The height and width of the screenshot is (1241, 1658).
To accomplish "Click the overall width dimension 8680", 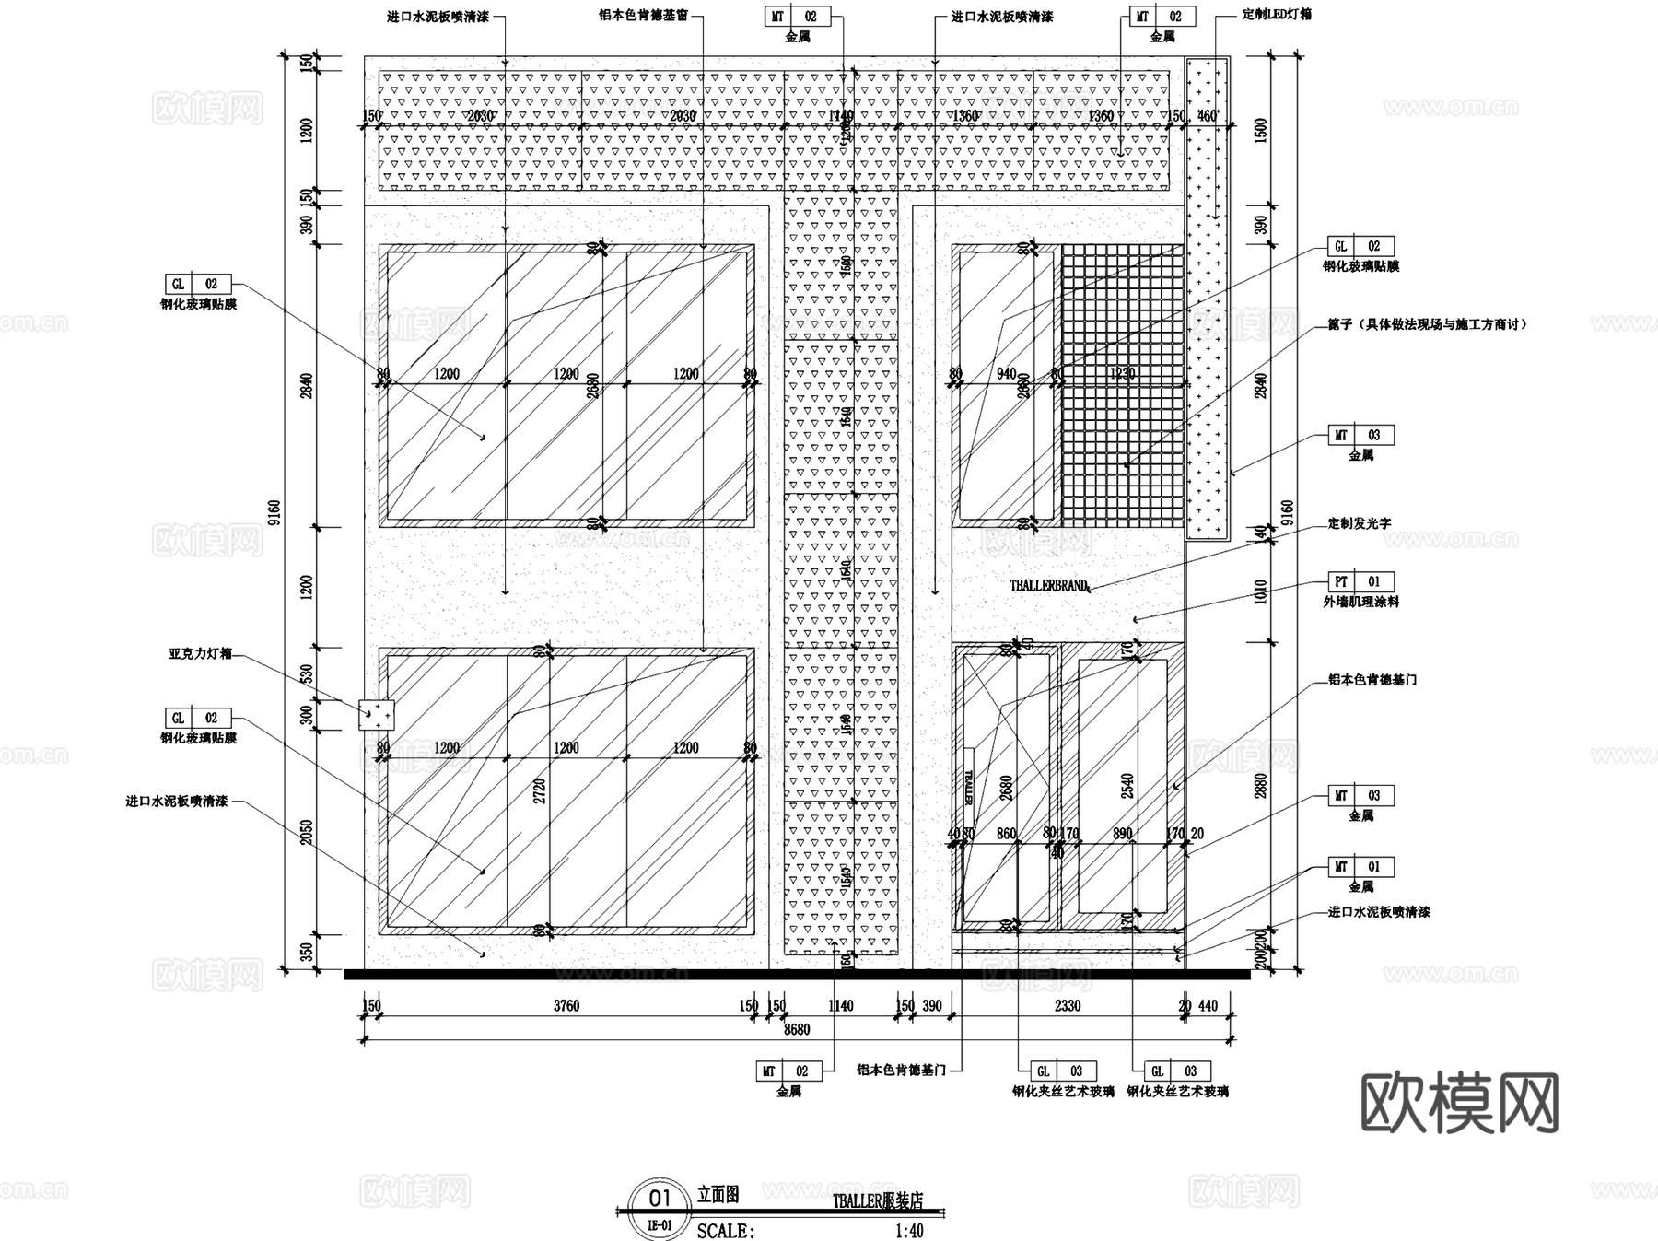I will [x=796, y=1029].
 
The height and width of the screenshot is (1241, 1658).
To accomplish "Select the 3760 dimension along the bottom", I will [x=566, y=1006].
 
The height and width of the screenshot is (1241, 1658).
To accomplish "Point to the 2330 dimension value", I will [x=1067, y=1006].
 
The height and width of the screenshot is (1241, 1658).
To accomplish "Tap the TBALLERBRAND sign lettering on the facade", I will [x=1048, y=586].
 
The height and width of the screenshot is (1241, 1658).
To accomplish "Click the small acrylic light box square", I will [x=376, y=714].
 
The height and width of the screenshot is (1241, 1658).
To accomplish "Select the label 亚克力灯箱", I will [x=200, y=653].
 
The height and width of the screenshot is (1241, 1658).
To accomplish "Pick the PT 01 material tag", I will [x=1360, y=582].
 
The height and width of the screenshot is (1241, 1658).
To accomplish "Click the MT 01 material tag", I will [x=1360, y=867].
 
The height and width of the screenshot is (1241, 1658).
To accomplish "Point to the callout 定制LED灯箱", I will [x=1277, y=15].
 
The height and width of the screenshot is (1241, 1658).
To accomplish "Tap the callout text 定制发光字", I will [x=1359, y=523].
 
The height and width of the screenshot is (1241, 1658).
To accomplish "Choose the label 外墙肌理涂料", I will [x=1360, y=602].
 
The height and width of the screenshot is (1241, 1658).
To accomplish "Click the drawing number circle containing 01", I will [x=660, y=1199].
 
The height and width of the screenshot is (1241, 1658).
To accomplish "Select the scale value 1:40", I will [x=908, y=1231].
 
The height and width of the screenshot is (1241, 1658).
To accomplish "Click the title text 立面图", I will [x=718, y=1195].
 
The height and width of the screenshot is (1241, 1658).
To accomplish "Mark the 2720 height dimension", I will [x=540, y=790].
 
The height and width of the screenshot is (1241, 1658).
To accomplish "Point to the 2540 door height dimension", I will [x=1127, y=785].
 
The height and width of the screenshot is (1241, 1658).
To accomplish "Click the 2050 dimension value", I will [x=307, y=833].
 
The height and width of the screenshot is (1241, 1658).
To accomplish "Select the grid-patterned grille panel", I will [x=1121, y=385].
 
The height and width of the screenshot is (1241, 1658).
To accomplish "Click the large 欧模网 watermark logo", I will [x=1459, y=1103].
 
